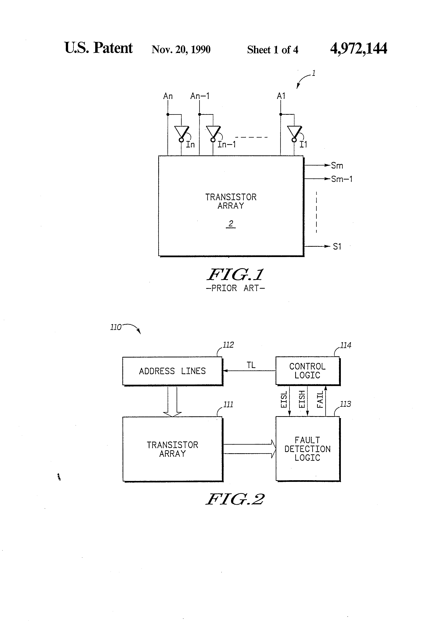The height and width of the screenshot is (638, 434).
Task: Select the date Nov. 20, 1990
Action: tap(181, 50)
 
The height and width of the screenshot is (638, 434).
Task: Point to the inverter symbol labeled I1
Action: tap(294, 132)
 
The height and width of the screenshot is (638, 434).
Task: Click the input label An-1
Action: tap(200, 96)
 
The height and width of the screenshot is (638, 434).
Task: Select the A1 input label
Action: tap(281, 96)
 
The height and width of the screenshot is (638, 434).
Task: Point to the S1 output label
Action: tap(337, 247)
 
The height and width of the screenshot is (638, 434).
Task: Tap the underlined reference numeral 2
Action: tap(231, 224)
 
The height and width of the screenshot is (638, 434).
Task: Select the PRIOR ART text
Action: tap(235, 288)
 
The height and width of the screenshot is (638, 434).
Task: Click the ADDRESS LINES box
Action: tap(172, 371)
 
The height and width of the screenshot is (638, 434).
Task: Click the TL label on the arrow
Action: tap(251, 365)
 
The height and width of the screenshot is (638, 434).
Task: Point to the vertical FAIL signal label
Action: tap(320, 399)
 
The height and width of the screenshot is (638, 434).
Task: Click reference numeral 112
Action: tap(228, 345)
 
